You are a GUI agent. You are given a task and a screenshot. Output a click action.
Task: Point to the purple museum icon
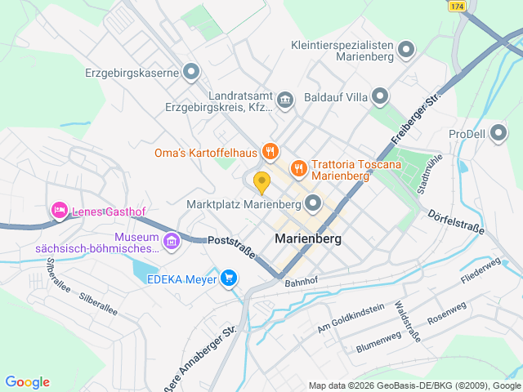point(172,241)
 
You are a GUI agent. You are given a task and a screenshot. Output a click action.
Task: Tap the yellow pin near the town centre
point(261,181)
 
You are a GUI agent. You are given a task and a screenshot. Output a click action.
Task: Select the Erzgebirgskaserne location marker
point(191,73)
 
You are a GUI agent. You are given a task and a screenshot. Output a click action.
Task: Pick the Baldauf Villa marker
point(380,97)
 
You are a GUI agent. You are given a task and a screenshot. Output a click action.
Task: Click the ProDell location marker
point(498,134)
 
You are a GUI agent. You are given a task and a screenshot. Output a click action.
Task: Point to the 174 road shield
point(457,6)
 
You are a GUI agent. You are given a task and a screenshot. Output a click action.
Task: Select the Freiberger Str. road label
point(416,118)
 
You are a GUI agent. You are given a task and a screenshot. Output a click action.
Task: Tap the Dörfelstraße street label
point(456,220)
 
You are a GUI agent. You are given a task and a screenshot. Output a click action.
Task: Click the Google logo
point(27,382)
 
